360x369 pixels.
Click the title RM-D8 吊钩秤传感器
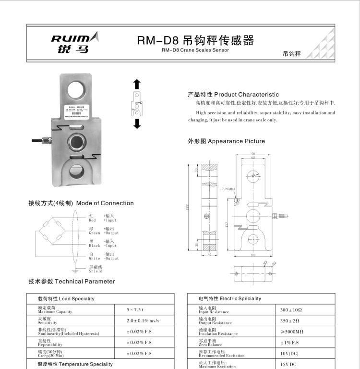(x=195, y=40)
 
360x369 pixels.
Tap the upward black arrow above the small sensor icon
(x=137, y=84)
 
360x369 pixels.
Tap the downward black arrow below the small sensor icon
(x=137, y=123)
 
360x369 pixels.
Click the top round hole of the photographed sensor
(x=76, y=89)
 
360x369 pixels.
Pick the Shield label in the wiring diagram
(x=96, y=269)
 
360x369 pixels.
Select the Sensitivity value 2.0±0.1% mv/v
(x=143, y=320)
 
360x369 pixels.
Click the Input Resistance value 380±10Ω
(x=291, y=310)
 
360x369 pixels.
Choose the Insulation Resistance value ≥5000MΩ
(x=291, y=332)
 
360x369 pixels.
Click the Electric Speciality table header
(x=230, y=298)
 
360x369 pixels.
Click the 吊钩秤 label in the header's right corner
(x=291, y=54)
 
